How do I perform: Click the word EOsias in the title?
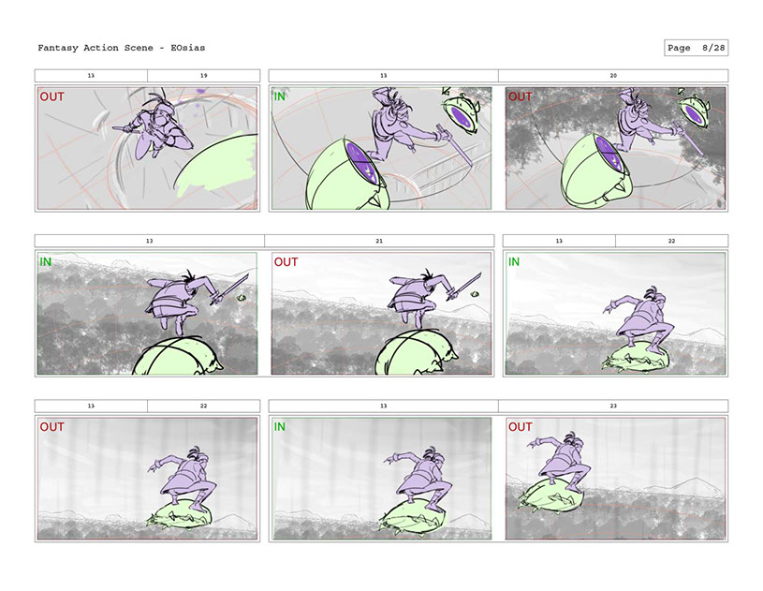pos(188,48)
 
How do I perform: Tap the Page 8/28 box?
pos(696,48)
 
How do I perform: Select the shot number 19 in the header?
pos(203,76)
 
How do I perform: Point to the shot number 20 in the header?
pos(613,76)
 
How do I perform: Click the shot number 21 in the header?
pos(379,241)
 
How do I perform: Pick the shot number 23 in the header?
pos(613,406)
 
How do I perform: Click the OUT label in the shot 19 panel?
pos(52,96)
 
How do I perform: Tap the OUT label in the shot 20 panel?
pos(521,96)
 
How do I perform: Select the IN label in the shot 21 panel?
pos(45,262)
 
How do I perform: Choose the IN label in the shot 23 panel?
pos(279,427)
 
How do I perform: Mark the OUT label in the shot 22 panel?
pos(52,427)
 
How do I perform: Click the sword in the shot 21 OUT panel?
pos(464,287)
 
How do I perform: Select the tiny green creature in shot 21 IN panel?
pos(241,298)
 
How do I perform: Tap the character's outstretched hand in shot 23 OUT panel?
pos(535,443)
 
